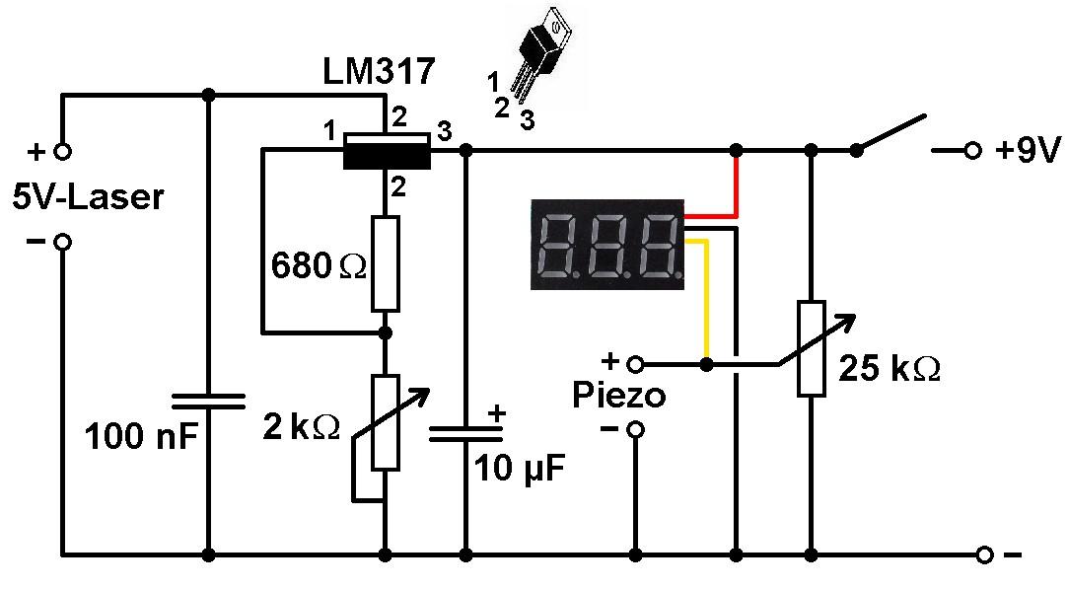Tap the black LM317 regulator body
pyautogui.click(x=386, y=151)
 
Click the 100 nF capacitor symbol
pyautogui.click(x=208, y=400)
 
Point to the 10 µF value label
pyautogui.click(x=520, y=468)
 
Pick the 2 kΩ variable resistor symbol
pyautogui.click(x=385, y=422)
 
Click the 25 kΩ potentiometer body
pyautogui.click(x=812, y=347)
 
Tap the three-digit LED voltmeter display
pyautogui.click(x=606, y=245)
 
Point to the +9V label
pyautogui.click(x=1027, y=152)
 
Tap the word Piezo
pyautogui.click(x=619, y=396)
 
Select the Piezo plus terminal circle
pyautogui.click(x=636, y=363)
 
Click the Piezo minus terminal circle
pyautogui.click(x=636, y=429)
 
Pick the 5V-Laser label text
pyautogui.click(x=88, y=197)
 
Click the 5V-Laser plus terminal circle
pyautogui.click(x=62, y=152)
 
